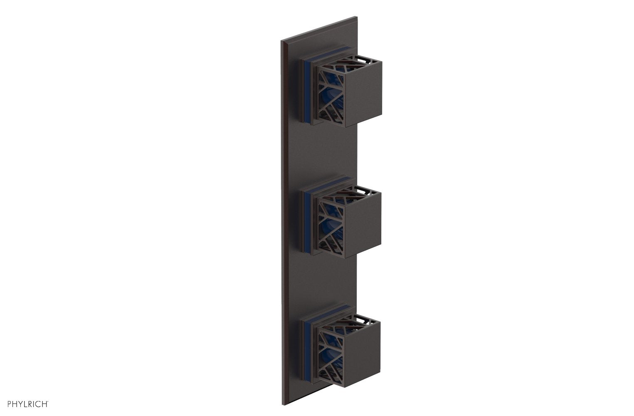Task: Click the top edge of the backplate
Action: [320, 29]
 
